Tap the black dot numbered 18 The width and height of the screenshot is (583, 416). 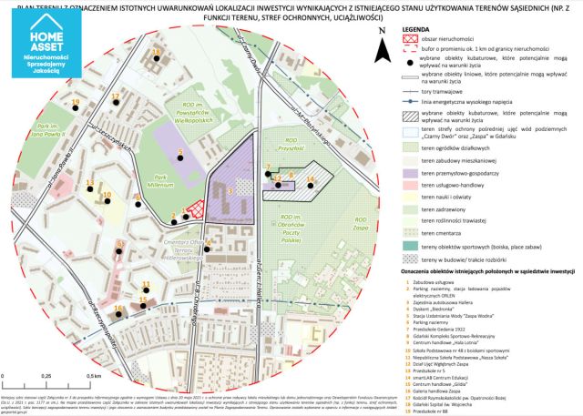click(157, 60)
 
